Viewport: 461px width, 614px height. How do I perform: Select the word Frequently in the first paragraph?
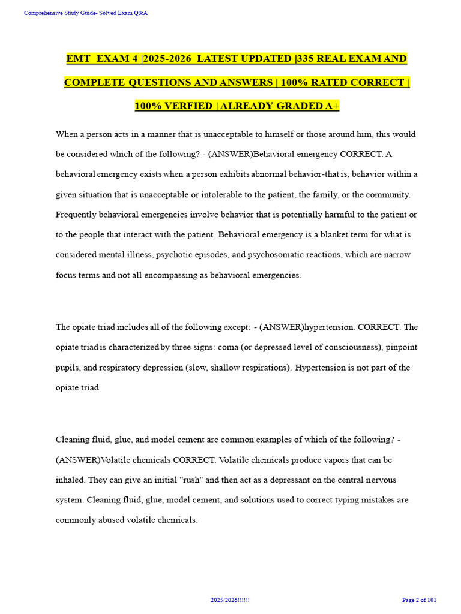click(76, 214)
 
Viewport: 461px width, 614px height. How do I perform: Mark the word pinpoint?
click(401, 347)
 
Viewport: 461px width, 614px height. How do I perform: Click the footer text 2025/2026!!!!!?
click(230, 600)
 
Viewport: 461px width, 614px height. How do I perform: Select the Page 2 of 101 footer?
click(418, 600)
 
